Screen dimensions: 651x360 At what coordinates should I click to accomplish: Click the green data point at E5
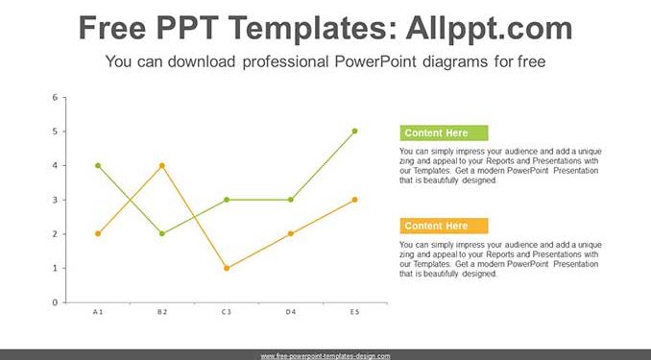coord(354,132)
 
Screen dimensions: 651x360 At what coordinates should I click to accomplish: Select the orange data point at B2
coord(162,166)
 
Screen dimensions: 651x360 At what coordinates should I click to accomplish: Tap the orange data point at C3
coord(227,268)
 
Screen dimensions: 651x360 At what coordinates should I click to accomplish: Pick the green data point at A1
coord(98,166)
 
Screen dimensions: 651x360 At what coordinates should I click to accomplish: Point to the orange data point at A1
coord(98,234)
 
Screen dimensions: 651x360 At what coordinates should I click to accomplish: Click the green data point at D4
coord(291,200)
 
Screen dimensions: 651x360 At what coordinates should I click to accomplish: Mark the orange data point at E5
coord(354,200)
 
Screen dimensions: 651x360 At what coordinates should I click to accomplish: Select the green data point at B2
coord(162,234)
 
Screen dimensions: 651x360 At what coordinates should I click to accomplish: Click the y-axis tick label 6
coord(56,98)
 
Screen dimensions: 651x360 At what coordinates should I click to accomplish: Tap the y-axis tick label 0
coord(56,302)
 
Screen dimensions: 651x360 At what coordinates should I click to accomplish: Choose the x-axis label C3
coord(227,312)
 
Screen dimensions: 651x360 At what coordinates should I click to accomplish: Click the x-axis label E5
coord(354,312)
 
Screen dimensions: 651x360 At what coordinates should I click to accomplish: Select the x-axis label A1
coord(98,312)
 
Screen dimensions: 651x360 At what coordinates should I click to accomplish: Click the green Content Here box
coord(444,132)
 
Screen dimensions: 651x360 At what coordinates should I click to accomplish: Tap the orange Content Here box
coord(444,226)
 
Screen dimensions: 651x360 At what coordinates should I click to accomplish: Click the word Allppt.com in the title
coord(489,29)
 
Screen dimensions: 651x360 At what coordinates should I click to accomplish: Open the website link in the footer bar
coord(325,356)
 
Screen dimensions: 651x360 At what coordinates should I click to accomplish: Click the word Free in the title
coord(112,28)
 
